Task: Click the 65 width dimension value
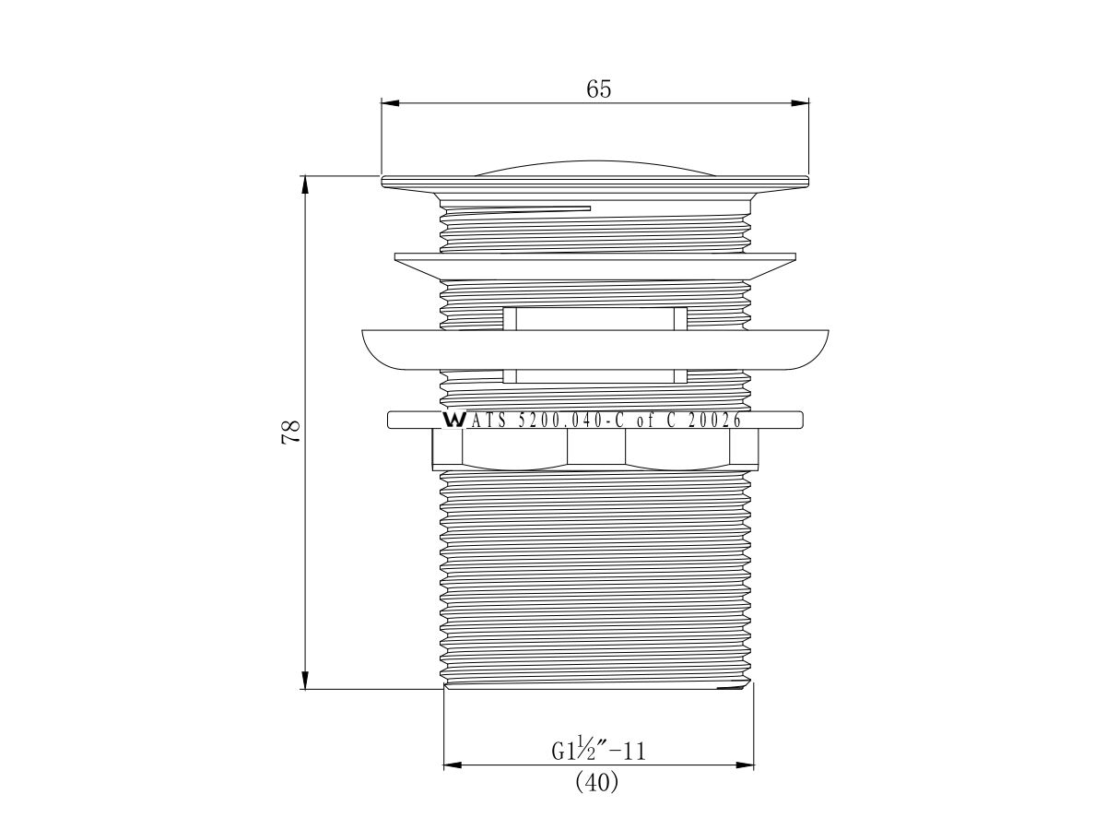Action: pyautogui.click(x=598, y=89)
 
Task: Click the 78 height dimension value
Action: pyautogui.click(x=290, y=432)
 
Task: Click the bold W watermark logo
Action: pyautogui.click(x=453, y=421)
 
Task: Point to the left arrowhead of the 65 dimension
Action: pyautogui.click(x=390, y=103)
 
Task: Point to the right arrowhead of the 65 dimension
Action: pyautogui.click(x=800, y=103)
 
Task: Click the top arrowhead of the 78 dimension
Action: pyautogui.click(x=304, y=185)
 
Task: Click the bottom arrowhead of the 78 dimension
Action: pyautogui.click(x=304, y=680)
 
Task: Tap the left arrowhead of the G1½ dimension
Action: pyautogui.click(x=453, y=765)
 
